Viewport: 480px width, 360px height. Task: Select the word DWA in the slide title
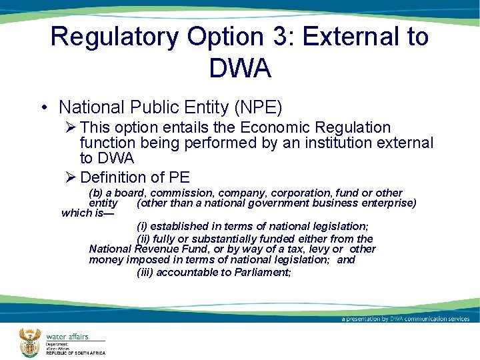coord(239,67)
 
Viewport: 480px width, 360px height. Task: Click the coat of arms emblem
coord(29,343)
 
